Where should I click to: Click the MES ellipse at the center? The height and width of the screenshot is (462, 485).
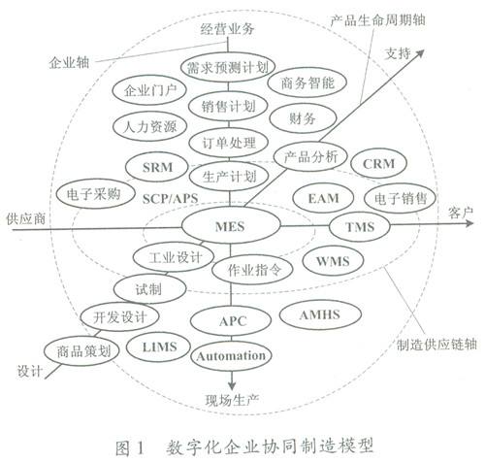pos(231,226)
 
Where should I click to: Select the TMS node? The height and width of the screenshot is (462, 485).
pos(360,227)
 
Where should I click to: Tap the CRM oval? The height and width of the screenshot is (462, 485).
pos(378,163)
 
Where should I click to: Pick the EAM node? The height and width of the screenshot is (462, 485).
pos(323,198)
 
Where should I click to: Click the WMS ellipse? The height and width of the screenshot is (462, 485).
pos(333,261)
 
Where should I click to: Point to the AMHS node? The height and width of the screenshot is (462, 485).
pos(320,314)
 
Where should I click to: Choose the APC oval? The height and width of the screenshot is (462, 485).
pos(231,321)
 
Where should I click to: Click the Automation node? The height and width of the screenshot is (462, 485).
pos(231,356)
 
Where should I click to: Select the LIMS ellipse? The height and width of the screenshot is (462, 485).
pos(158,347)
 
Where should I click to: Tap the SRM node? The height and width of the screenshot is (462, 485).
pos(157,167)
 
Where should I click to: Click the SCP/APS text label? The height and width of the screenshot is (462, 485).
pos(170,198)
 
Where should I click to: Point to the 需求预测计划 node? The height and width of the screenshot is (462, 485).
pos(228,68)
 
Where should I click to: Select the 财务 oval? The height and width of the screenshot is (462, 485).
pos(302,118)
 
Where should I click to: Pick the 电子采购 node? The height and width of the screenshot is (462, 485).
pos(95,194)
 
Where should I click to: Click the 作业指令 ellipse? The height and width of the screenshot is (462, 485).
pos(253,269)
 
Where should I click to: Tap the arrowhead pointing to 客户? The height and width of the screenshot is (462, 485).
pos(469,223)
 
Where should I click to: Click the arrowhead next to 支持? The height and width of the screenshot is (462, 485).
pos(419,53)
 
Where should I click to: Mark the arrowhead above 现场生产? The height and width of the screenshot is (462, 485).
pos(232,385)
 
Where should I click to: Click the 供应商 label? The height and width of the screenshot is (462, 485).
pos(26,219)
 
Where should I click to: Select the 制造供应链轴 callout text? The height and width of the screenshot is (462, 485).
pos(436,345)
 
